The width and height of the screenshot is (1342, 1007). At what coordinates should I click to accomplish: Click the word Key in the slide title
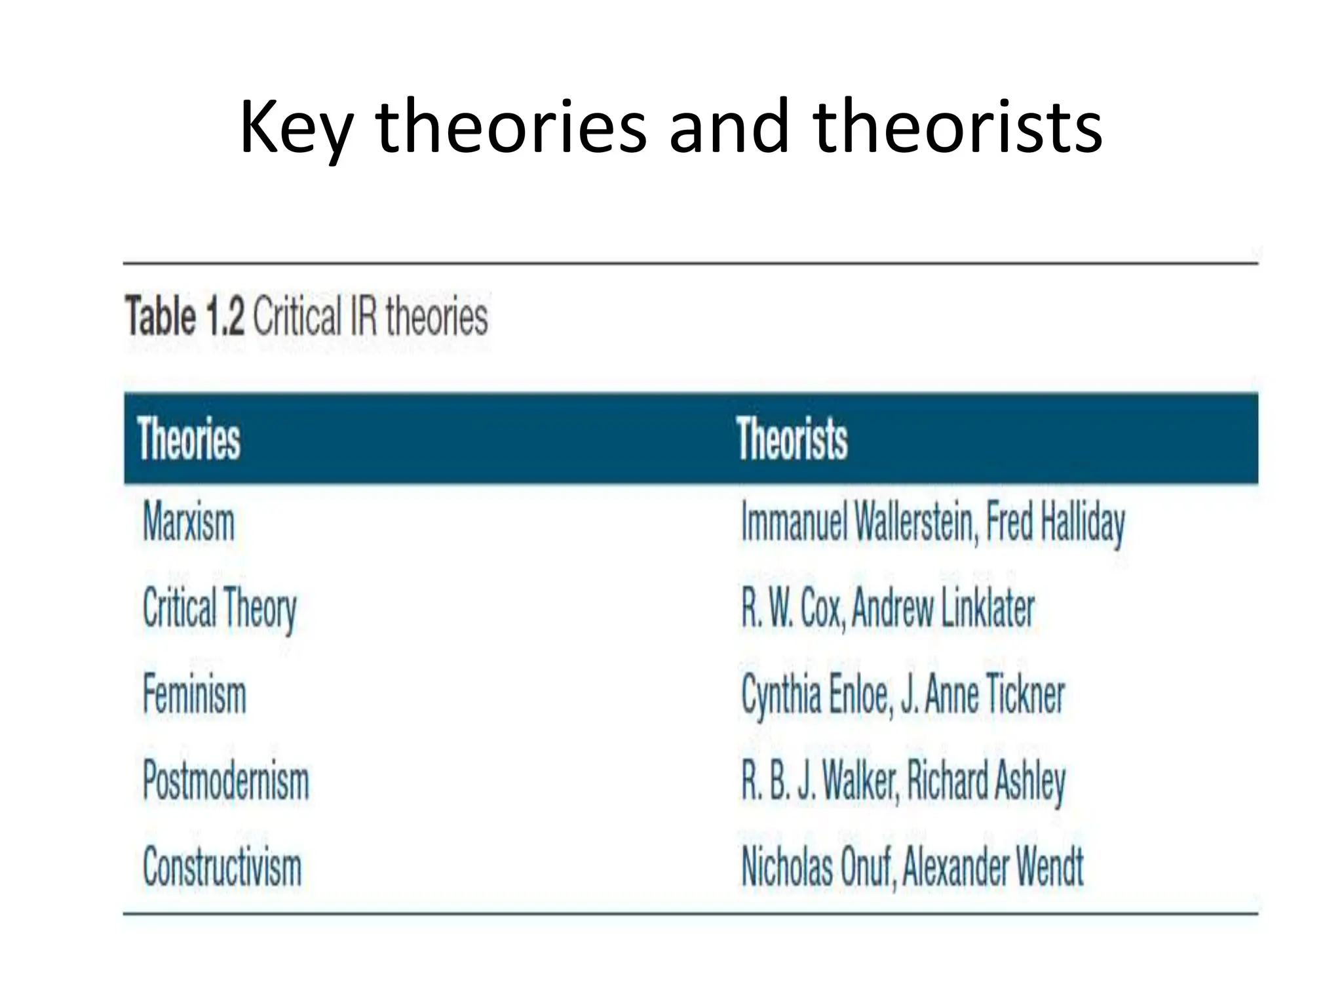296,128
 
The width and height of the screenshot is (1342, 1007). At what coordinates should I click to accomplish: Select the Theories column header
189,439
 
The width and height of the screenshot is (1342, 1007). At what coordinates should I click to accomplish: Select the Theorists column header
792,439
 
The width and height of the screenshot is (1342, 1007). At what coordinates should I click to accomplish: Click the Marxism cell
189,523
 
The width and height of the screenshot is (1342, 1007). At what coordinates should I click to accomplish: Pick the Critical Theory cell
220,608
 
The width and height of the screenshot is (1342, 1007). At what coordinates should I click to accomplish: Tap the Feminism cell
195,694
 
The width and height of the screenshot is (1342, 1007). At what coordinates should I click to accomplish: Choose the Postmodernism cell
226,781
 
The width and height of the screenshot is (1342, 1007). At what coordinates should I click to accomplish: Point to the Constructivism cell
222,867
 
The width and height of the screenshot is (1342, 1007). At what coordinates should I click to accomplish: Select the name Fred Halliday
1056,523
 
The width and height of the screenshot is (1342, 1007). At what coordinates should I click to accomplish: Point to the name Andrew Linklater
943,608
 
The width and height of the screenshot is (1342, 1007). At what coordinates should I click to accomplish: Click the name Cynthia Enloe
815,694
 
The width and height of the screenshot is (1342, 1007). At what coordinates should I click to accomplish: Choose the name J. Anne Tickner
982,694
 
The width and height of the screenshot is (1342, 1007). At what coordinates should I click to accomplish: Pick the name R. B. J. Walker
818,781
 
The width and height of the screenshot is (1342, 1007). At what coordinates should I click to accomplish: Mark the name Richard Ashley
986,781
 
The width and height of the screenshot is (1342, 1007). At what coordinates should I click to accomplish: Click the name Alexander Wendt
993,867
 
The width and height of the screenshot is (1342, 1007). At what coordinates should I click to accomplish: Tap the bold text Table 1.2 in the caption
185,316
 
